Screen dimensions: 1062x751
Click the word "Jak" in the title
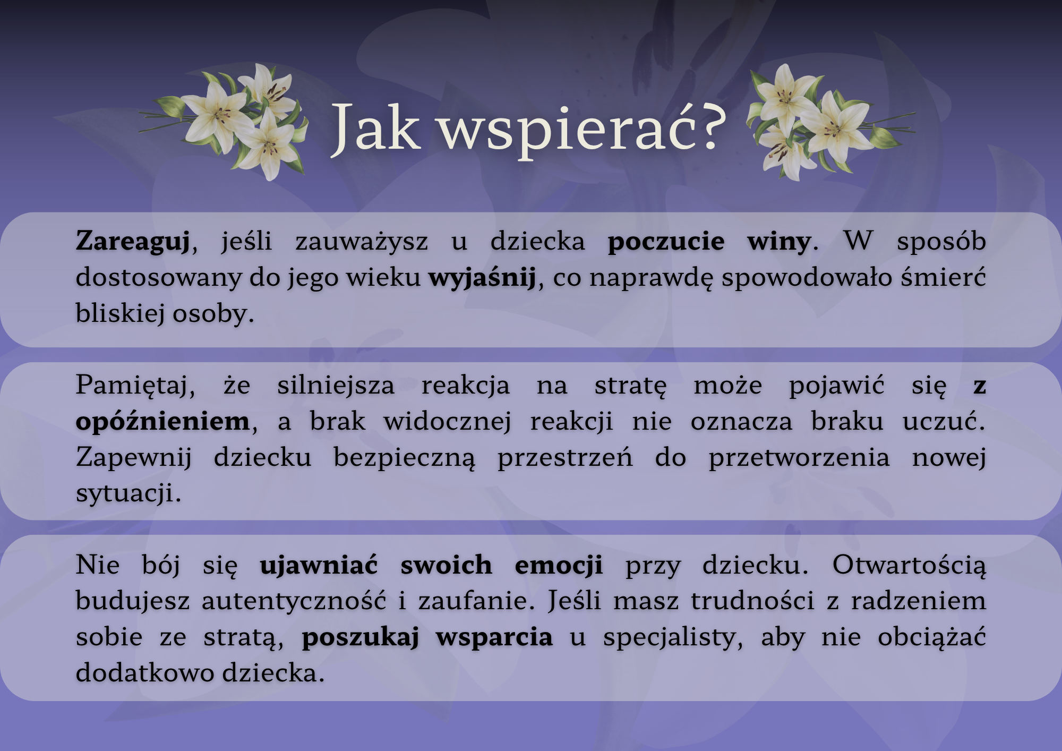click(376, 127)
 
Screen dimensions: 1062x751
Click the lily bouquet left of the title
click(224, 122)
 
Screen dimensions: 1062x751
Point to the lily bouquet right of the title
click(831, 122)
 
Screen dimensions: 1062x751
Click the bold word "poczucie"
click(666, 242)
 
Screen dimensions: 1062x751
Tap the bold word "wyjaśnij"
click(482, 278)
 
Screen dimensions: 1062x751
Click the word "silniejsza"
click(336, 386)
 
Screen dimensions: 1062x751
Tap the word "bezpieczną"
click(404, 458)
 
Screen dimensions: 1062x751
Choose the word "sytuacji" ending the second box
click(125, 494)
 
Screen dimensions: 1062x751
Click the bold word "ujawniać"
click(319, 565)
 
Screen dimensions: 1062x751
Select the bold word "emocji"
click(559, 565)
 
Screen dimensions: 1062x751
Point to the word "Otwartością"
click(909, 565)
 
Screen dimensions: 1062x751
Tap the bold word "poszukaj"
click(361, 637)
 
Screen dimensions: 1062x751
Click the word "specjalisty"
click(672, 637)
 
